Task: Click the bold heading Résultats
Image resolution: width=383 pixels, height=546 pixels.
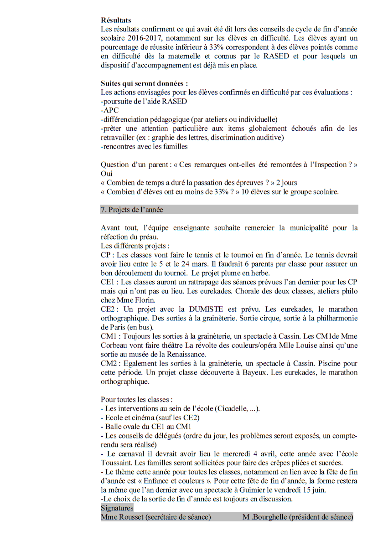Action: tap(116, 21)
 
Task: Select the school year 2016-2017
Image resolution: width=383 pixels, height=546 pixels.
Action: tap(140, 38)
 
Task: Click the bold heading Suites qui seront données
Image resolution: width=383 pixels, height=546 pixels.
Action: tap(144, 83)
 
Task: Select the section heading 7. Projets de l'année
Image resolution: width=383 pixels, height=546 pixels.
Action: tap(132, 210)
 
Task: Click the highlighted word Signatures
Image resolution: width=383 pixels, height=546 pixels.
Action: tap(117, 508)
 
